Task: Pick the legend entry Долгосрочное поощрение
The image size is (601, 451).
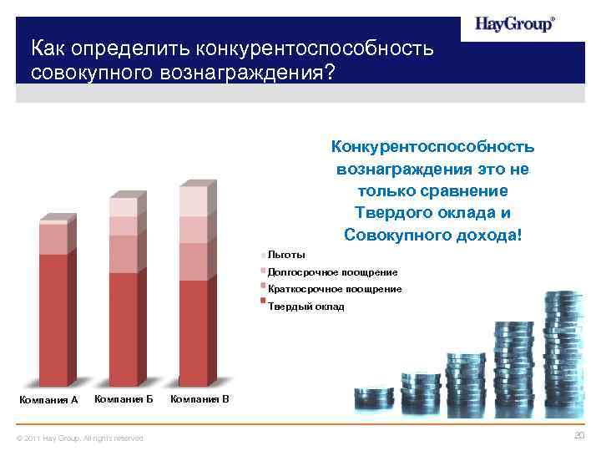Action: pyautogui.click(x=332, y=272)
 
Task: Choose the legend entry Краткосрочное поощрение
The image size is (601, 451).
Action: pyautogui.click(x=334, y=289)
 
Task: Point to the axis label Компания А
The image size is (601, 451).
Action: pyautogui.click(x=48, y=400)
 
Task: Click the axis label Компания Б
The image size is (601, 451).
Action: pyautogui.click(x=124, y=398)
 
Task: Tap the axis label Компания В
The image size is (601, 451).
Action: pyautogui.click(x=199, y=398)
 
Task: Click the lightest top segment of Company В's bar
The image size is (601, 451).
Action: pyautogui.click(x=192, y=201)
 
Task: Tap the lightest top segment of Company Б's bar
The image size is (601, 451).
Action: pyautogui.click(x=123, y=207)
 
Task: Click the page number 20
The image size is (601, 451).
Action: pyautogui.click(x=580, y=436)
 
